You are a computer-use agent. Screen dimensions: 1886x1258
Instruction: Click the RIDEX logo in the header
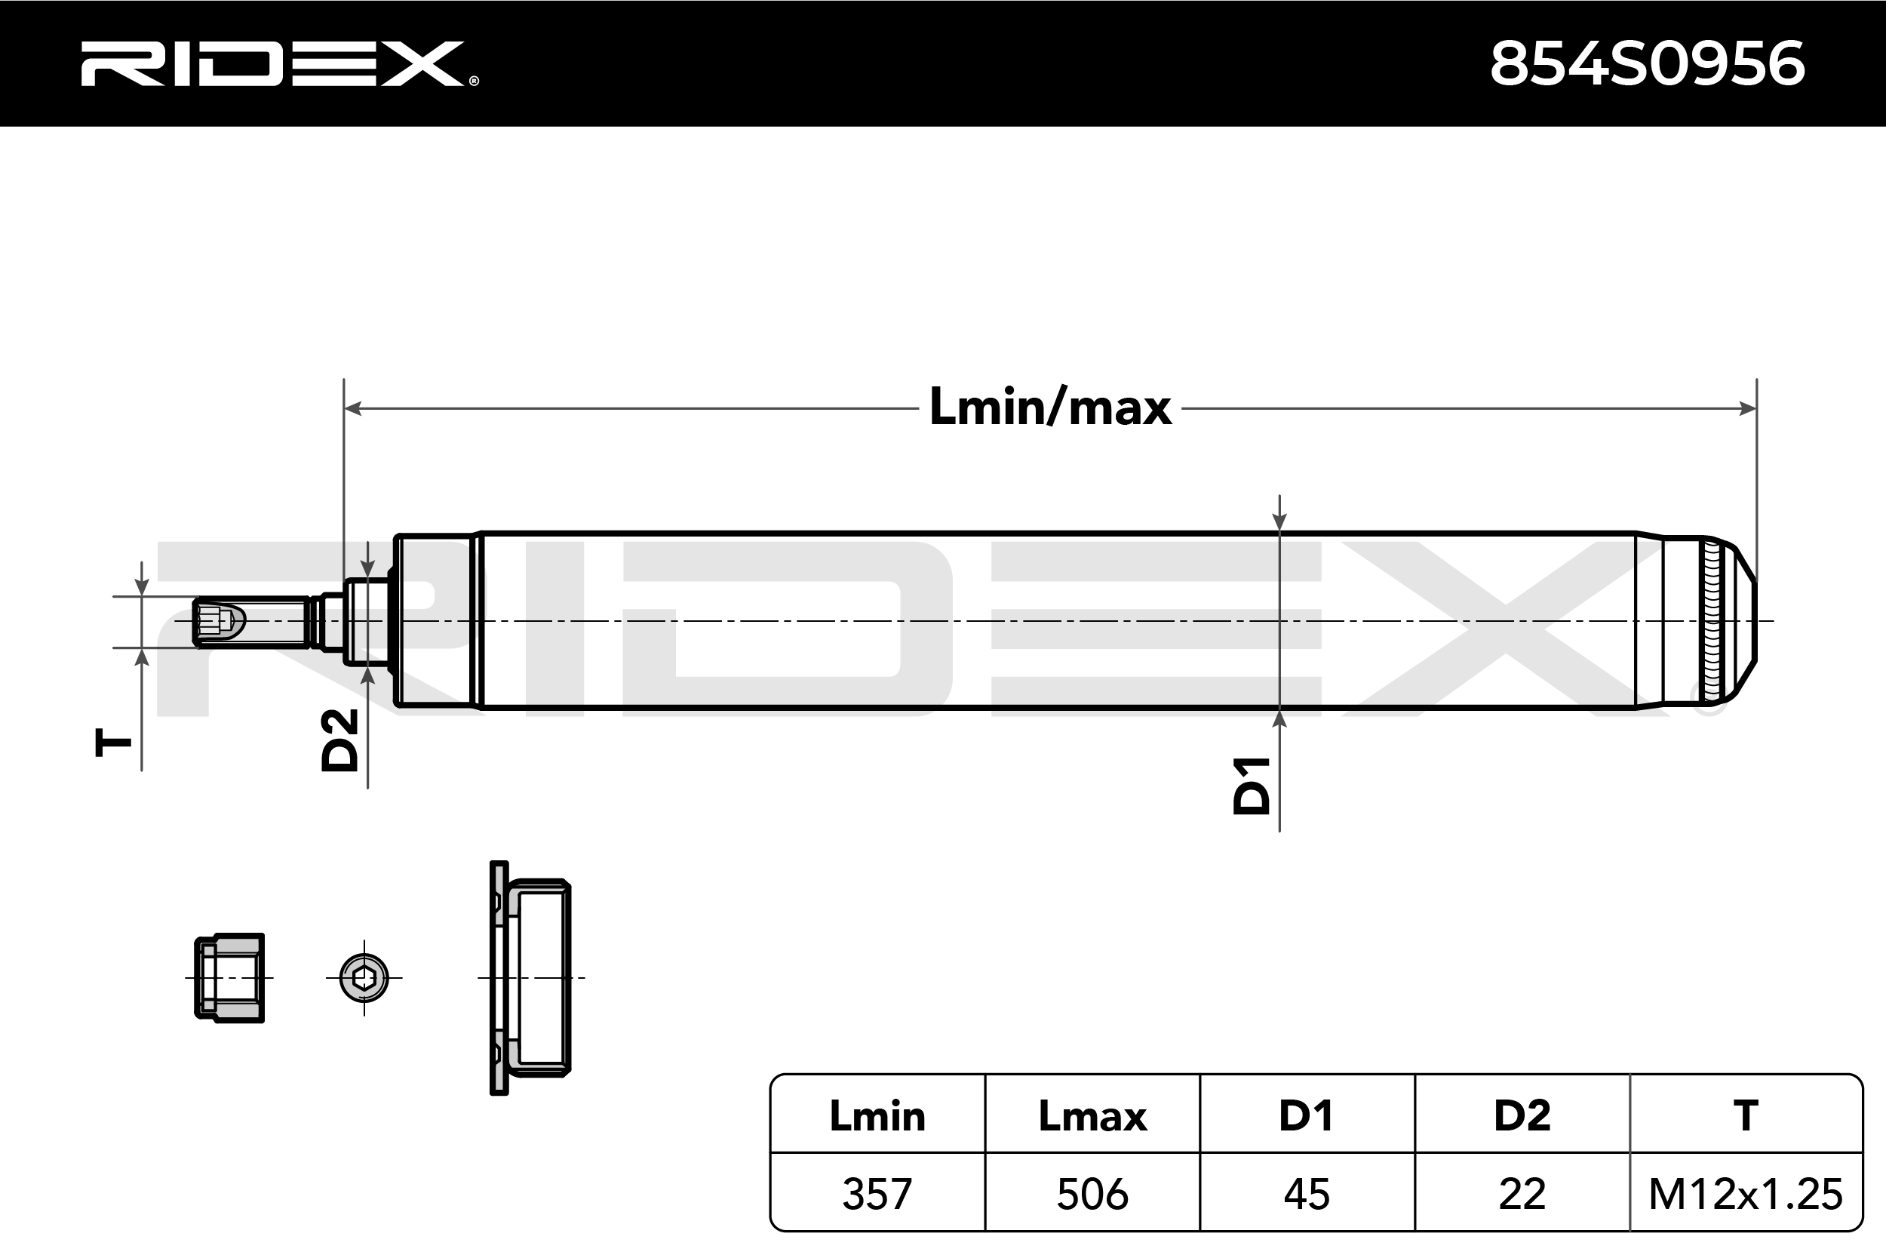tap(279, 63)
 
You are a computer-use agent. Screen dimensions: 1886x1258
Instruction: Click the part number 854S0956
tap(1648, 63)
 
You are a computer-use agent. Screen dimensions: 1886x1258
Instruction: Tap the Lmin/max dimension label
tap(1050, 407)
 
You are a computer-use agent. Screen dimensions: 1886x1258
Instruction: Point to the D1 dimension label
tap(1252, 786)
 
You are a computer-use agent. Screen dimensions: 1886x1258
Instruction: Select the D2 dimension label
tap(339, 740)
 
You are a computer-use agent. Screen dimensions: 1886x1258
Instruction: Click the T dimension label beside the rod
tap(113, 742)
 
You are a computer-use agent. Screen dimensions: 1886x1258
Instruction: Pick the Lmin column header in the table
tap(877, 1116)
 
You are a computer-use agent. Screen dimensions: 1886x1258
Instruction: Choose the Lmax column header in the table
tap(1092, 1116)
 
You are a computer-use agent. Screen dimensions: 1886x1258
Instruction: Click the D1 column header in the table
tap(1307, 1116)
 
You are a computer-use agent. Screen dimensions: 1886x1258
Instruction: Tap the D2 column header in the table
tap(1522, 1116)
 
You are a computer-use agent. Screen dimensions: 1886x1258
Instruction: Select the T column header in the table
tap(1746, 1116)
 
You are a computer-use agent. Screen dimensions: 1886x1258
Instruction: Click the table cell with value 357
tap(877, 1194)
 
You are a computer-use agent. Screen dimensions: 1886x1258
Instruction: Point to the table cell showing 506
tap(1092, 1194)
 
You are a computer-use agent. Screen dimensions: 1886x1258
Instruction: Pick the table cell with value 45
tap(1307, 1194)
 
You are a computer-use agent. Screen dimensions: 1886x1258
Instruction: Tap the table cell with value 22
tap(1522, 1194)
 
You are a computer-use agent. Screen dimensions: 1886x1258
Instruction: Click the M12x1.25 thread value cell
tap(1746, 1194)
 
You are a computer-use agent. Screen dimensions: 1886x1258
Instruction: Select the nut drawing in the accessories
tap(229, 978)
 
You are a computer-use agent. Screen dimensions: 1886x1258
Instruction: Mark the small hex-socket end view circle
tap(364, 978)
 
